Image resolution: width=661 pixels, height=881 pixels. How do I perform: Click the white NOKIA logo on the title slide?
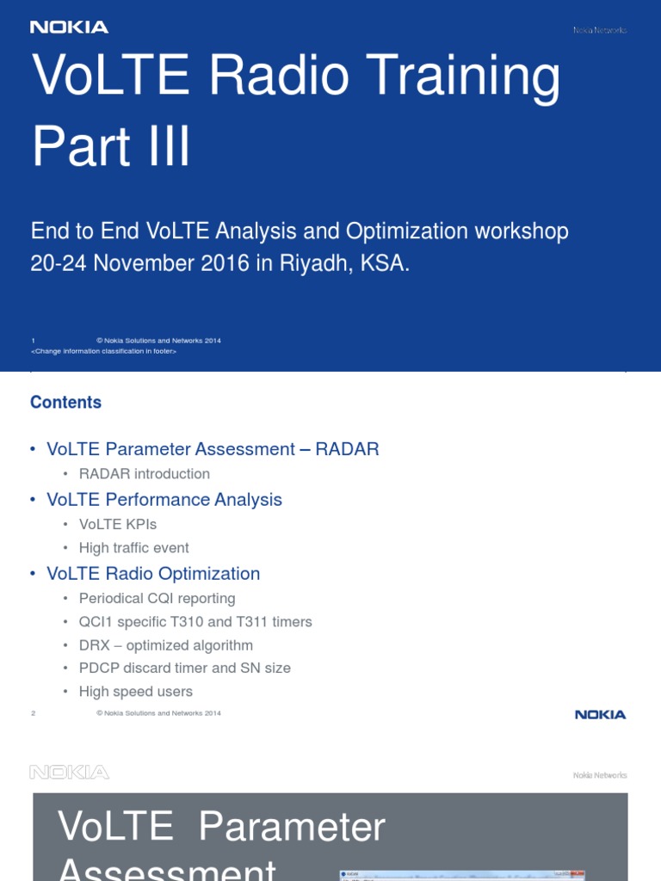(x=69, y=28)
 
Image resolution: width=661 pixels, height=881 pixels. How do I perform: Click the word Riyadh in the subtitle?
(x=311, y=263)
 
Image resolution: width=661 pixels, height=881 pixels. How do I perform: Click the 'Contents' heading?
(x=65, y=403)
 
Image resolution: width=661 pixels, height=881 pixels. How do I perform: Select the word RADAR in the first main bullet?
(x=347, y=449)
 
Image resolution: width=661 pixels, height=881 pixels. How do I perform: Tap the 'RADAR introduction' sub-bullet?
(x=144, y=474)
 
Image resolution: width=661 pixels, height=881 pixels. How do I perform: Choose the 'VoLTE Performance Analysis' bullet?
(x=164, y=500)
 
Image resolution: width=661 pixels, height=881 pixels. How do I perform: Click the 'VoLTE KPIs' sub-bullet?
(x=117, y=524)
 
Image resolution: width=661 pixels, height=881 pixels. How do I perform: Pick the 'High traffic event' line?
(x=133, y=548)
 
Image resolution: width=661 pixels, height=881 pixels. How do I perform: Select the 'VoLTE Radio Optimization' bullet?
(x=152, y=574)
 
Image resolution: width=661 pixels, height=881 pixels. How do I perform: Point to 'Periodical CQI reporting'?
(x=157, y=599)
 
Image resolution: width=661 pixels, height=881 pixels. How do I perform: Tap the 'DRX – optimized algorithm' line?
(x=165, y=645)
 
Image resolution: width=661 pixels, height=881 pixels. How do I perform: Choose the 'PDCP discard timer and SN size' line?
(x=184, y=668)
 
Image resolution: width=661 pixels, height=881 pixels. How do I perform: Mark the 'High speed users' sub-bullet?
(x=135, y=692)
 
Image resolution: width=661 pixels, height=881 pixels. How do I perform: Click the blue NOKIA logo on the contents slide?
(x=600, y=715)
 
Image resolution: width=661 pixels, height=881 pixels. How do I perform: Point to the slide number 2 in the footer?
(x=33, y=713)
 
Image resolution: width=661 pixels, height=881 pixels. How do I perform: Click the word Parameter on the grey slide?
(x=292, y=828)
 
